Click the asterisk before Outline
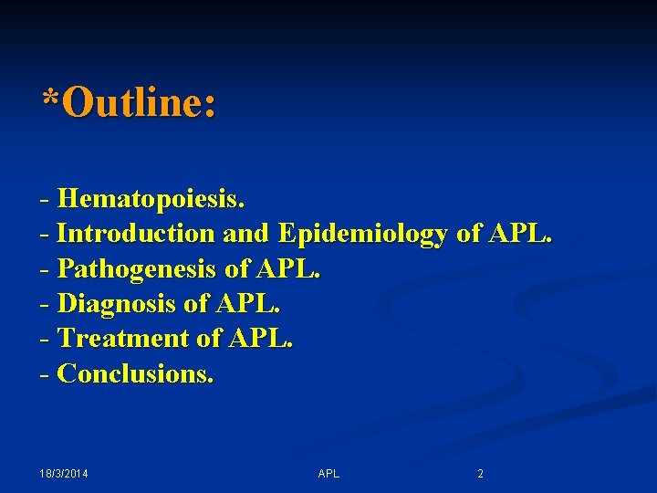51,98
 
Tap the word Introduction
136,234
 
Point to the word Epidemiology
363,235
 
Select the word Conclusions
135,373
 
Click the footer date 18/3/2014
69,474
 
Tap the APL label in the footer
328,474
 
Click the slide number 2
481,474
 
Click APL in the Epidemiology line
520,234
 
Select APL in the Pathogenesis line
289,269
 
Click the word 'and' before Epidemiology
245,234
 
